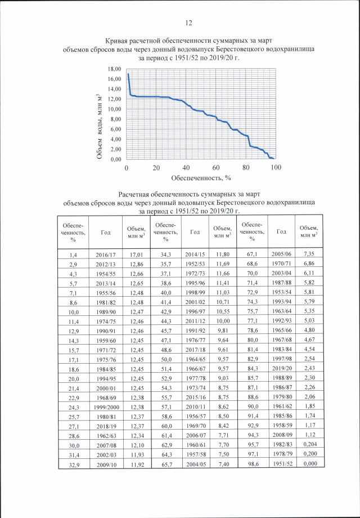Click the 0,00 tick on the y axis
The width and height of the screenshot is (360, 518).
click(115, 159)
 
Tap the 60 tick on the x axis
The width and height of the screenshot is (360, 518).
click(216, 168)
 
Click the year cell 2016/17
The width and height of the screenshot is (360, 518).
click(106, 254)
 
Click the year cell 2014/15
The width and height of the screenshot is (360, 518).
click(195, 254)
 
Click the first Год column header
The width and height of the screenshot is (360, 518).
click(106, 231)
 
